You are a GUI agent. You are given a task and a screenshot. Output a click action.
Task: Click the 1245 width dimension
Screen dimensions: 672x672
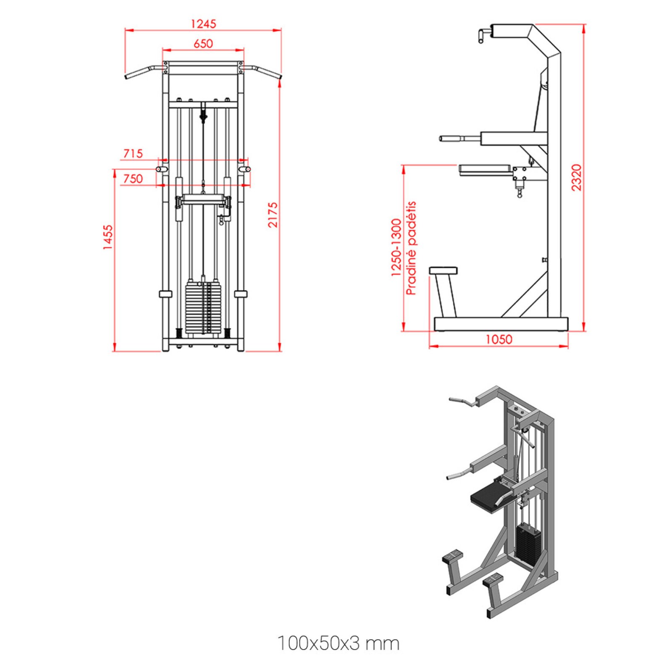pos(203,24)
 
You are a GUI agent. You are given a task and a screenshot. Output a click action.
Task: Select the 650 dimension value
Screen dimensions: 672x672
pos(203,44)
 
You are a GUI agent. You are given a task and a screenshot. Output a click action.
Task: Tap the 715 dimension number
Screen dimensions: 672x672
pos(133,154)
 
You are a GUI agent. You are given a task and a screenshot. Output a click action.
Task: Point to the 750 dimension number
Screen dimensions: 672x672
pos(133,179)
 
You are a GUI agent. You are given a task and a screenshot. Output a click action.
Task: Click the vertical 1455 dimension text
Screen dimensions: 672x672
pos(108,237)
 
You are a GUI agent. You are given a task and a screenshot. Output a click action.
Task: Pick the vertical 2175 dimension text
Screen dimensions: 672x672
pos(273,215)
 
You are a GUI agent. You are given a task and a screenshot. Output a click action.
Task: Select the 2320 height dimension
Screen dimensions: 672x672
pos(577,178)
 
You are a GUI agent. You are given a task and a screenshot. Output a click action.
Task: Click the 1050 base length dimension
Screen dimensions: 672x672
pos(499,339)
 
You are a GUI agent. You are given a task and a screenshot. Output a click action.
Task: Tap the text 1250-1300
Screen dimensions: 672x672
pos(396,247)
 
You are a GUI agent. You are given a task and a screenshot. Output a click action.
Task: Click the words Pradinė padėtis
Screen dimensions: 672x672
pos(411,248)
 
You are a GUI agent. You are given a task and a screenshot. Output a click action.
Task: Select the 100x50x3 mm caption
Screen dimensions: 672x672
pos(338,643)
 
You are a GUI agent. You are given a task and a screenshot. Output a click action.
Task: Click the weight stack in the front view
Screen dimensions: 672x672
pos(203,307)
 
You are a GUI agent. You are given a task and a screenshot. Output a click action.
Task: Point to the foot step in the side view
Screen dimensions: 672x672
pos(443,271)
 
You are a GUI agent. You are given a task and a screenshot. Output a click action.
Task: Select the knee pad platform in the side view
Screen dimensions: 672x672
pos(485,170)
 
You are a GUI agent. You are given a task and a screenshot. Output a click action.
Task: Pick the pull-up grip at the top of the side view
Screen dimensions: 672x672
pos(482,35)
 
